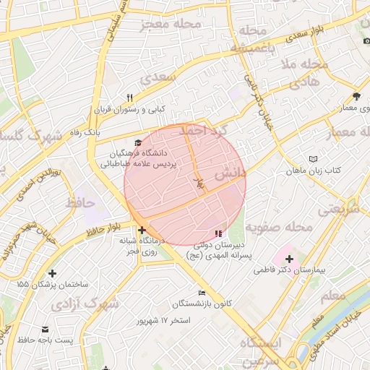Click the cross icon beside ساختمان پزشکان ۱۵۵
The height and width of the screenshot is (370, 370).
point(52,273)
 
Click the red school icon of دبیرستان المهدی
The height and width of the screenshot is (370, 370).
point(218,233)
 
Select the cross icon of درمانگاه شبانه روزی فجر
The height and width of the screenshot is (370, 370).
point(141,231)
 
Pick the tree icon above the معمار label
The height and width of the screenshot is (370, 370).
point(356,95)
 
